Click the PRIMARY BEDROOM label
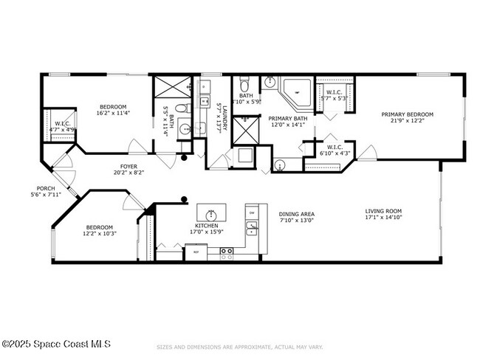pos(407,114)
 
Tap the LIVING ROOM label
pos(383,211)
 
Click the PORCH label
pos(45,188)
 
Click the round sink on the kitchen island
pos(212,215)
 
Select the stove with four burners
pos(228,252)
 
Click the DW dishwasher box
pos(252,213)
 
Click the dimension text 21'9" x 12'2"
pos(407,122)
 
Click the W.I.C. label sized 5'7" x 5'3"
pos(334,92)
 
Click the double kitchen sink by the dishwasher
pos(252,229)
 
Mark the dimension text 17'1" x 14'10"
pos(383,218)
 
